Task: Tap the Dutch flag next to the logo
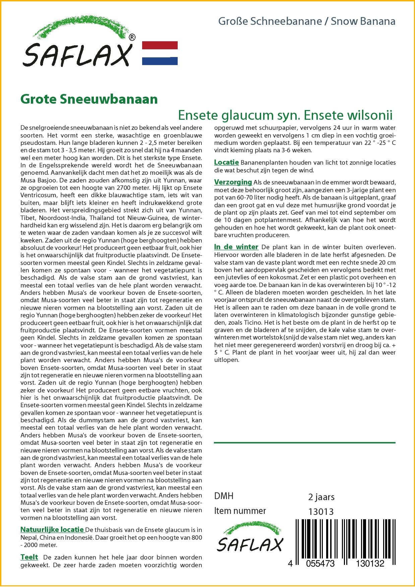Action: pos(160,53)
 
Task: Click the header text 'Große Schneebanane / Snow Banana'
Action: pos(306,21)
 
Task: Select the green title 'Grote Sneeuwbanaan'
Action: pos(89,100)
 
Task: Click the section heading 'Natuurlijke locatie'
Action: pos(52,530)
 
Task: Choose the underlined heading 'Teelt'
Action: pos(29,557)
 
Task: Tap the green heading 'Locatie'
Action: pos(226,163)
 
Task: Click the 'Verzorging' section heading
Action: pos(233,182)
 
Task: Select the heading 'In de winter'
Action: pos(236,247)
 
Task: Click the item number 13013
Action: pos(321,512)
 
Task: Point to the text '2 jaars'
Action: pos(321,497)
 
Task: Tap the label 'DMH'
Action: pos(224,496)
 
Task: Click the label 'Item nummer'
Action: pos(240,511)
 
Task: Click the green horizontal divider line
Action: pos(304,443)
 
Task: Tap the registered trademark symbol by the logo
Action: pos(132,38)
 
